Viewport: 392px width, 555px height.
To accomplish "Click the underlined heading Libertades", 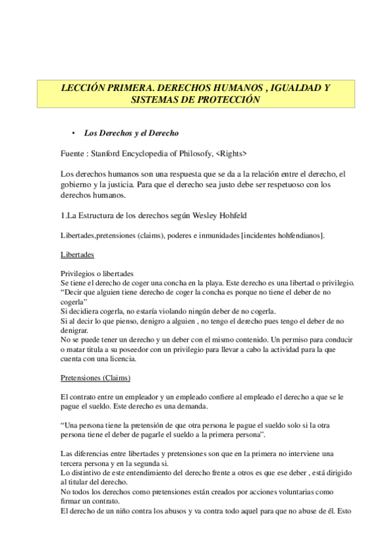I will (x=77, y=254).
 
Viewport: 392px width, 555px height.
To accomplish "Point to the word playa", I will (x=222, y=283).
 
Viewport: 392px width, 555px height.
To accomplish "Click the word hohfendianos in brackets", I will (x=293, y=234).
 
